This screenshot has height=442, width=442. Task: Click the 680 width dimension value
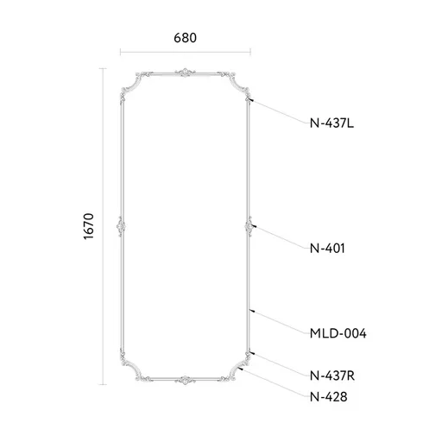tap(185, 38)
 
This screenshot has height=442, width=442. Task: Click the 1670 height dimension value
tap(89, 226)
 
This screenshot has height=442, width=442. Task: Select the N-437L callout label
tap(331, 123)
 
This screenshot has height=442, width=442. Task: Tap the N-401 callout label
tap(327, 248)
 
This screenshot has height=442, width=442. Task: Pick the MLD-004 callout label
tap(338, 333)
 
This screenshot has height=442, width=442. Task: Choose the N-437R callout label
tap(332, 376)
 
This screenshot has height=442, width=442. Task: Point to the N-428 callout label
tap(328, 397)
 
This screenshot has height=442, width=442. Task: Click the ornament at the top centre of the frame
tap(186, 73)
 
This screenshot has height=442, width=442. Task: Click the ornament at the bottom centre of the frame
tap(186, 380)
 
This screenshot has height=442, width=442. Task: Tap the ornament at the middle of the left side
tap(121, 226)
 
